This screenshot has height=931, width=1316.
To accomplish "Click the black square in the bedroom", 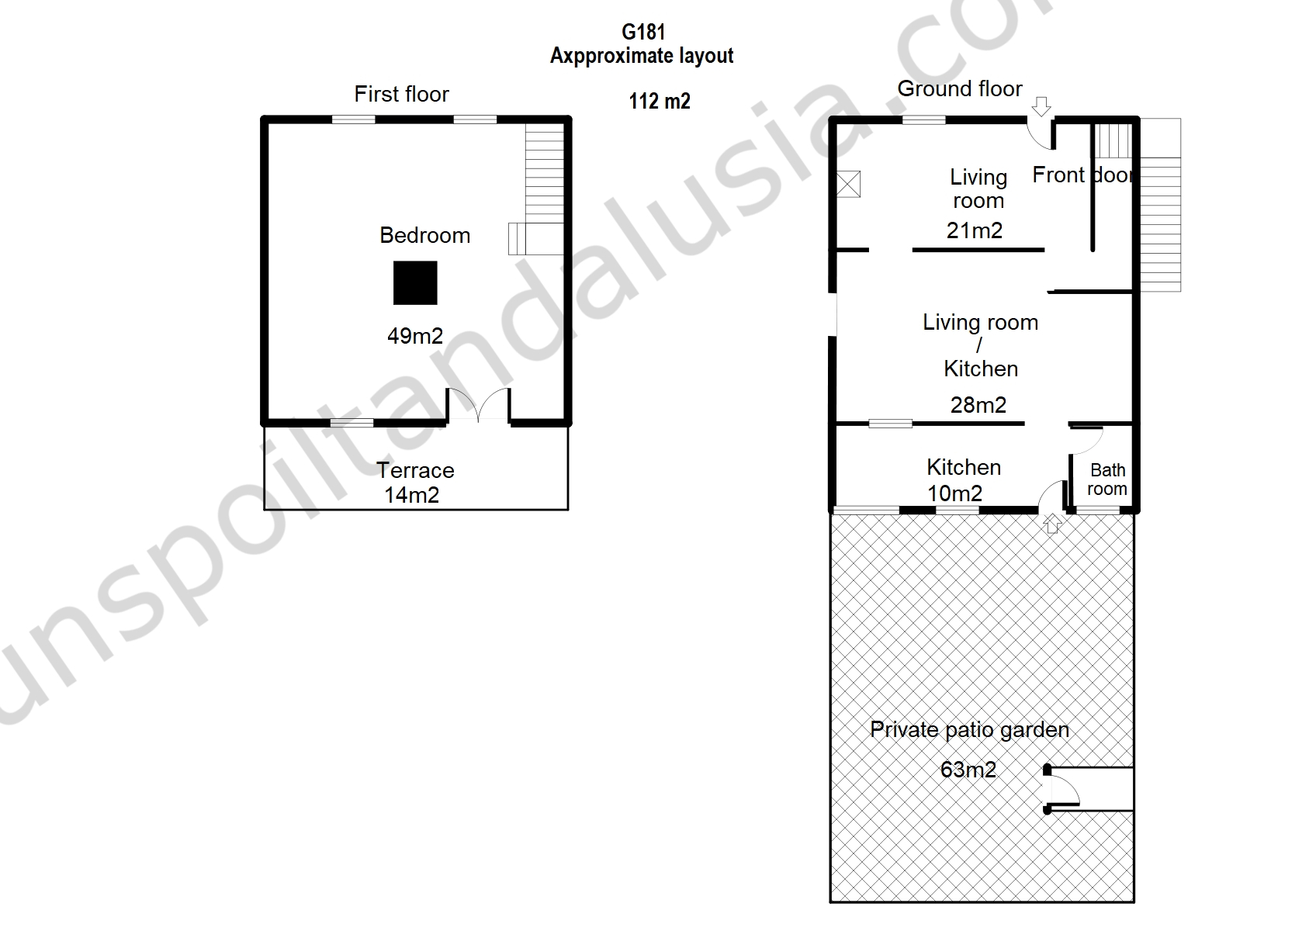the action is click(x=415, y=282).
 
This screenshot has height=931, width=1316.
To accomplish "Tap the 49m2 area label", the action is click(x=415, y=336).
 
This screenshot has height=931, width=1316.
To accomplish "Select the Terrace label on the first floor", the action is click(x=415, y=470).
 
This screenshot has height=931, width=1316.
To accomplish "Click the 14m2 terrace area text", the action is click(x=411, y=495).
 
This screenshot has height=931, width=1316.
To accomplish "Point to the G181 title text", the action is click(x=642, y=32).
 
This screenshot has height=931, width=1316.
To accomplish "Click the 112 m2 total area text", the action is click(x=660, y=101).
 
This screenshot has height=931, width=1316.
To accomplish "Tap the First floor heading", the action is click(x=401, y=94).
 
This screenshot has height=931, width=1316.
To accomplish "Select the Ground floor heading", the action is click(x=959, y=88).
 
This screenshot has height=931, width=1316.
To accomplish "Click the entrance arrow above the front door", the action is click(x=1041, y=106).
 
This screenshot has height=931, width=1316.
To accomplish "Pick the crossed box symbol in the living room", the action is click(x=848, y=184).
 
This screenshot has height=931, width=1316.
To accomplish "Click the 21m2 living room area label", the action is click(x=974, y=230).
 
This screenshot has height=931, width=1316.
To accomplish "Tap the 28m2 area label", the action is click(x=978, y=405).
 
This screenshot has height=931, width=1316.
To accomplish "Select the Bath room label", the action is click(x=1106, y=479).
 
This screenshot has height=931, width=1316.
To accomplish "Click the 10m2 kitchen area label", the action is click(x=954, y=493).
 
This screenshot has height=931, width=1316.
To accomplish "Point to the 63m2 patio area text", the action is click(x=968, y=770).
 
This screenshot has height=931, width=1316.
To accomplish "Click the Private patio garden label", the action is click(x=969, y=730).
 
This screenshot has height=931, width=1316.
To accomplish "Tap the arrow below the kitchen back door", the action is click(x=1051, y=524).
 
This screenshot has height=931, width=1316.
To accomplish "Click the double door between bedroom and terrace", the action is click(x=478, y=405).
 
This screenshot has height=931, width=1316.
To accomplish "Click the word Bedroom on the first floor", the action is click(x=424, y=235).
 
